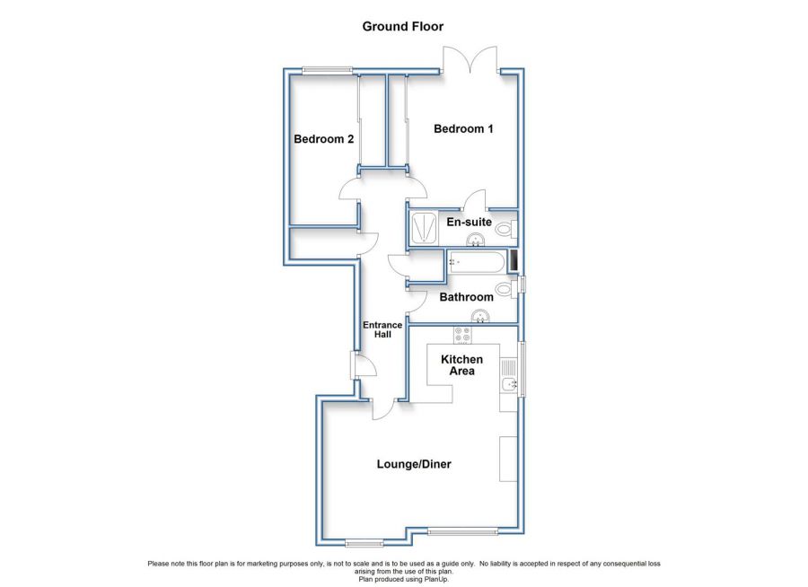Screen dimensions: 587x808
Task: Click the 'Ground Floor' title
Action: [x=403, y=26]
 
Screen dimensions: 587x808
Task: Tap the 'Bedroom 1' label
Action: [x=463, y=129]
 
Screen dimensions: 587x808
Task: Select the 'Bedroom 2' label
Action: [x=324, y=139]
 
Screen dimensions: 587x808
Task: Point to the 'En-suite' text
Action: [x=468, y=221]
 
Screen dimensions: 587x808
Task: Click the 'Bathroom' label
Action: [x=466, y=297]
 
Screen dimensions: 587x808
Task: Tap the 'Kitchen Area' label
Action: [x=461, y=365]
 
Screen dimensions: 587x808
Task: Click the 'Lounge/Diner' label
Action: [x=413, y=464]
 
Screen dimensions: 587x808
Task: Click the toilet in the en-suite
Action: [x=505, y=231]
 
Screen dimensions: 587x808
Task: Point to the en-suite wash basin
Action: [x=478, y=240]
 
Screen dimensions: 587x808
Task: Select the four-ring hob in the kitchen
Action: [x=463, y=335]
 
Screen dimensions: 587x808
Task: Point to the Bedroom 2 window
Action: [x=327, y=70]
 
